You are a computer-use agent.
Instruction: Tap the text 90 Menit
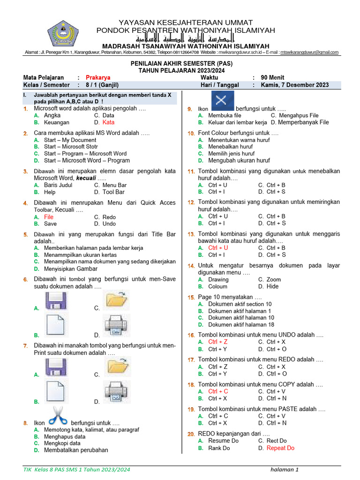coord(272,77)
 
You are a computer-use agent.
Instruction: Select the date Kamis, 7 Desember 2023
coord(295,85)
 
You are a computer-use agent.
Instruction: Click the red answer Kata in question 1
coord(108,122)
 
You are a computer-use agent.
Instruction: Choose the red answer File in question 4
coord(49,217)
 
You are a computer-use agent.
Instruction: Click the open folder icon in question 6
coord(116,300)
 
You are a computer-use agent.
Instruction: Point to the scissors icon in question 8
coord(58,416)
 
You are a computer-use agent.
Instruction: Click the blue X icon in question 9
coord(223,101)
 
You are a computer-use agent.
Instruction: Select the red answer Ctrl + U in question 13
coord(218,247)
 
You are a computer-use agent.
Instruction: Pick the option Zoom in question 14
coord(274,279)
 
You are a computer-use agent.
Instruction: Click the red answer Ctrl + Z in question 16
coord(218,342)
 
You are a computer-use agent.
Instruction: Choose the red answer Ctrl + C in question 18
coord(218,391)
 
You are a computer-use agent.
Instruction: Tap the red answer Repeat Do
coord(280,448)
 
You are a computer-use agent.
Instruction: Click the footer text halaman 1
coord(285,470)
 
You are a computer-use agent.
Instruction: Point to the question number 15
coord(191,298)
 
